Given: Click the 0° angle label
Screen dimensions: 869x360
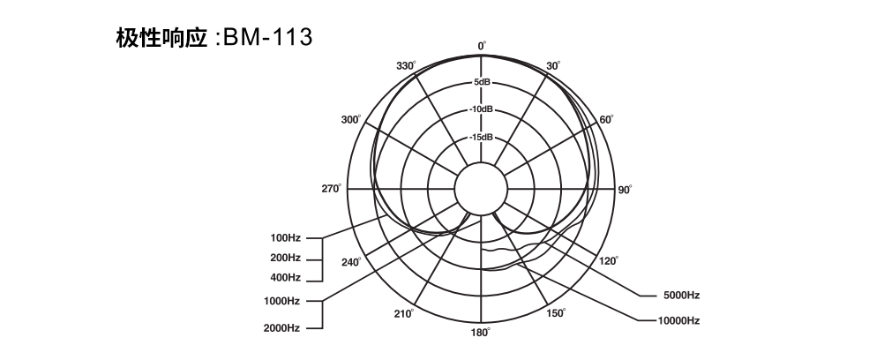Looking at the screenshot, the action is pyautogui.click(x=482, y=46).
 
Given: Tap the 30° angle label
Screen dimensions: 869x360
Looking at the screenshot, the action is pyautogui.click(x=553, y=66).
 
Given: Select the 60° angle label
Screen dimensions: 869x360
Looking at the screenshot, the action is pyautogui.click(x=607, y=119).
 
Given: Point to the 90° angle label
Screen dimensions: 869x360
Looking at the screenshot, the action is pyautogui.click(x=625, y=190).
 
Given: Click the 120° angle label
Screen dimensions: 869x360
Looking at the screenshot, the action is pyautogui.click(x=609, y=260).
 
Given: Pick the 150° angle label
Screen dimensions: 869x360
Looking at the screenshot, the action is pyautogui.click(x=556, y=313).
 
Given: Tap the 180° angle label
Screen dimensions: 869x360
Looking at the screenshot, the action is pyautogui.click(x=481, y=333).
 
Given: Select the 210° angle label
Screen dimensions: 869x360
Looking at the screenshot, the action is pyautogui.click(x=404, y=314).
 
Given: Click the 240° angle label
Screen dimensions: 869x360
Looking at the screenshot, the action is pyautogui.click(x=351, y=262).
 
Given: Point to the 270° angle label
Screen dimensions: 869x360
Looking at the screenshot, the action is pyautogui.click(x=332, y=189).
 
